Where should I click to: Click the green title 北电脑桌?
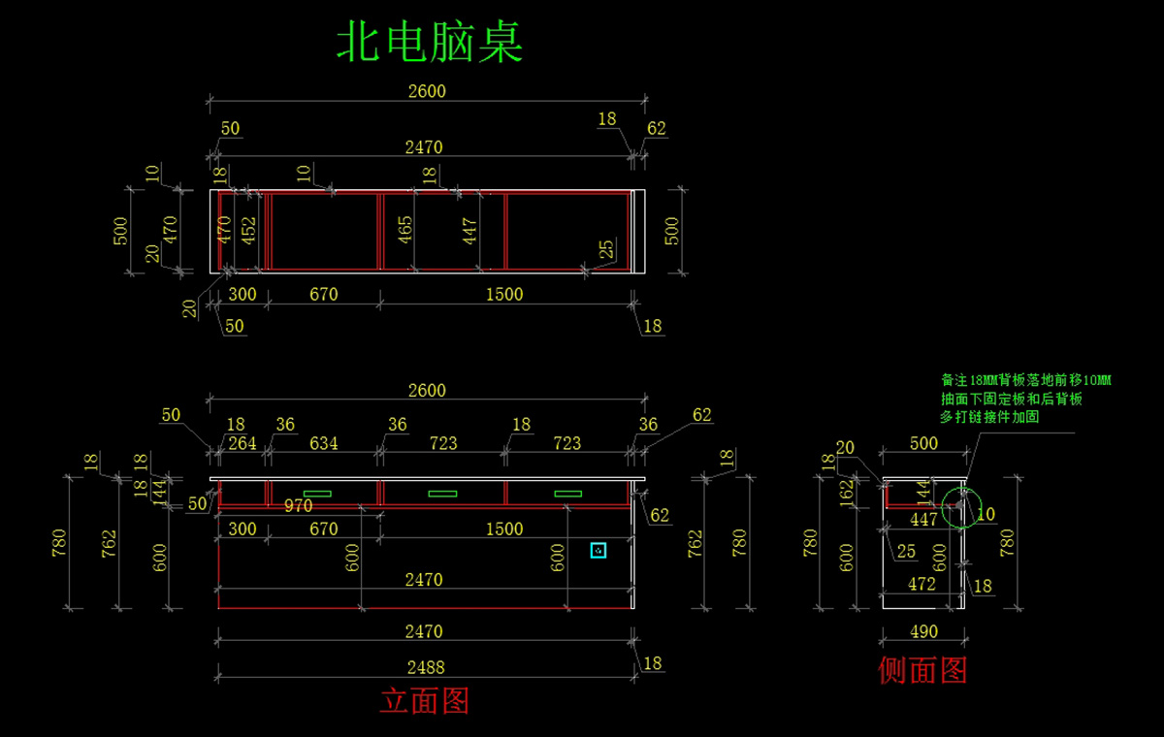[x=430, y=43]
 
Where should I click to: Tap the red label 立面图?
[x=424, y=700]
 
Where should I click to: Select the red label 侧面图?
[x=922, y=669]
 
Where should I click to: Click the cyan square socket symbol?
[x=598, y=550]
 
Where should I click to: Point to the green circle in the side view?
[x=961, y=505]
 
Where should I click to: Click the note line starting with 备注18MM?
[x=1026, y=380]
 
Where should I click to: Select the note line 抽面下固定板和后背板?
[x=1011, y=399]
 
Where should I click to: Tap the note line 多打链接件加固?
[x=989, y=417]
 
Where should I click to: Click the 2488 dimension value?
[x=424, y=667]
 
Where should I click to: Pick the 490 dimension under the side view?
[x=924, y=631]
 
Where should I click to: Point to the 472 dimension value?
[x=921, y=584]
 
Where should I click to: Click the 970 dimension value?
[x=298, y=505]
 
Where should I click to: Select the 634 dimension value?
[x=323, y=443]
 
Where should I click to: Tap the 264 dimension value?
[x=242, y=443]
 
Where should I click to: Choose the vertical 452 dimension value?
[x=249, y=230]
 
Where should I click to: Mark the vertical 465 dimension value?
[x=405, y=229]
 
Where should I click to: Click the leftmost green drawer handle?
[x=317, y=494]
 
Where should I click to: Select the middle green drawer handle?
[x=442, y=494]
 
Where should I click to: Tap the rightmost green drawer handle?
[x=568, y=494]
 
